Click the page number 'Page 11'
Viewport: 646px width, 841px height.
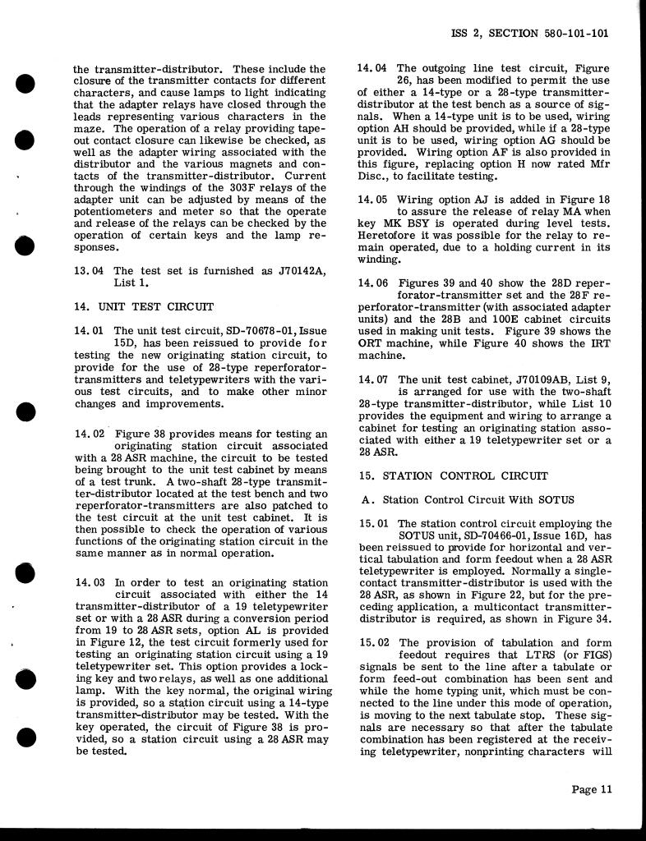click(x=592, y=790)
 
